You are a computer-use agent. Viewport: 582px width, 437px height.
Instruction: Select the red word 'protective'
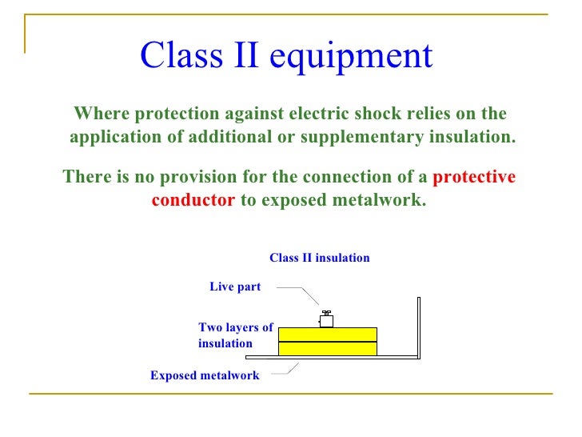(x=474, y=177)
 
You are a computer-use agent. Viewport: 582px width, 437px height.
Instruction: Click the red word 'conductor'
(x=193, y=200)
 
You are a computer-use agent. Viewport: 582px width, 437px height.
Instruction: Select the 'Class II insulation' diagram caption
(x=320, y=258)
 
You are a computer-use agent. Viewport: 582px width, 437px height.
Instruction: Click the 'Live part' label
(x=235, y=287)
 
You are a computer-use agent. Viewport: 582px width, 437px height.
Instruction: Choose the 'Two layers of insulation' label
(x=235, y=335)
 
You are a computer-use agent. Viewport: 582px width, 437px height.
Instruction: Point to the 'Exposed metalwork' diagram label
(x=205, y=375)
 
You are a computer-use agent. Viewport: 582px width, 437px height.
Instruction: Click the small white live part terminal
(x=326, y=320)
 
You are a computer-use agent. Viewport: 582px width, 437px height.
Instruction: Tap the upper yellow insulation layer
(x=327, y=335)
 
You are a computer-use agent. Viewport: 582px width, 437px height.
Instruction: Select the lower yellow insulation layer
(x=327, y=349)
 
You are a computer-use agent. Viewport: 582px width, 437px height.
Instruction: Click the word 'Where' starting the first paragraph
(x=101, y=113)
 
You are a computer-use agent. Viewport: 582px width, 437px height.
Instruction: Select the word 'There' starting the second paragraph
(x=86, y=177)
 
